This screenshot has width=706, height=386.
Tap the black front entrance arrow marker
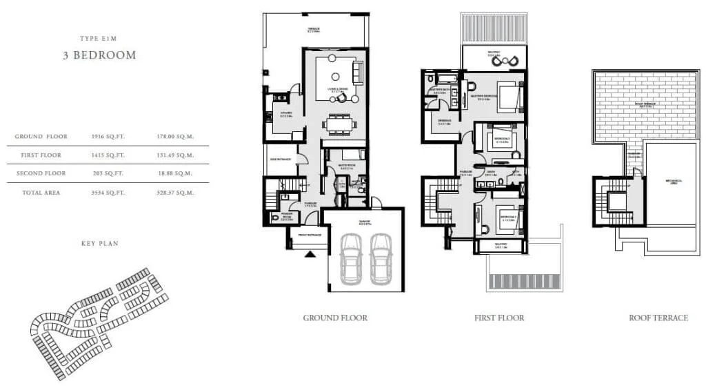pyautogui.click(x=310, y=253)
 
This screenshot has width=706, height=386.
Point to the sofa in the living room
pyautogui.click(x=357, y=72)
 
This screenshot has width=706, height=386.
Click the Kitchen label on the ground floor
pyautogui.click(x=286, y=114)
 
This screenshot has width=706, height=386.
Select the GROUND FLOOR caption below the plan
pyautogui.click(x=335, y=318)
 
